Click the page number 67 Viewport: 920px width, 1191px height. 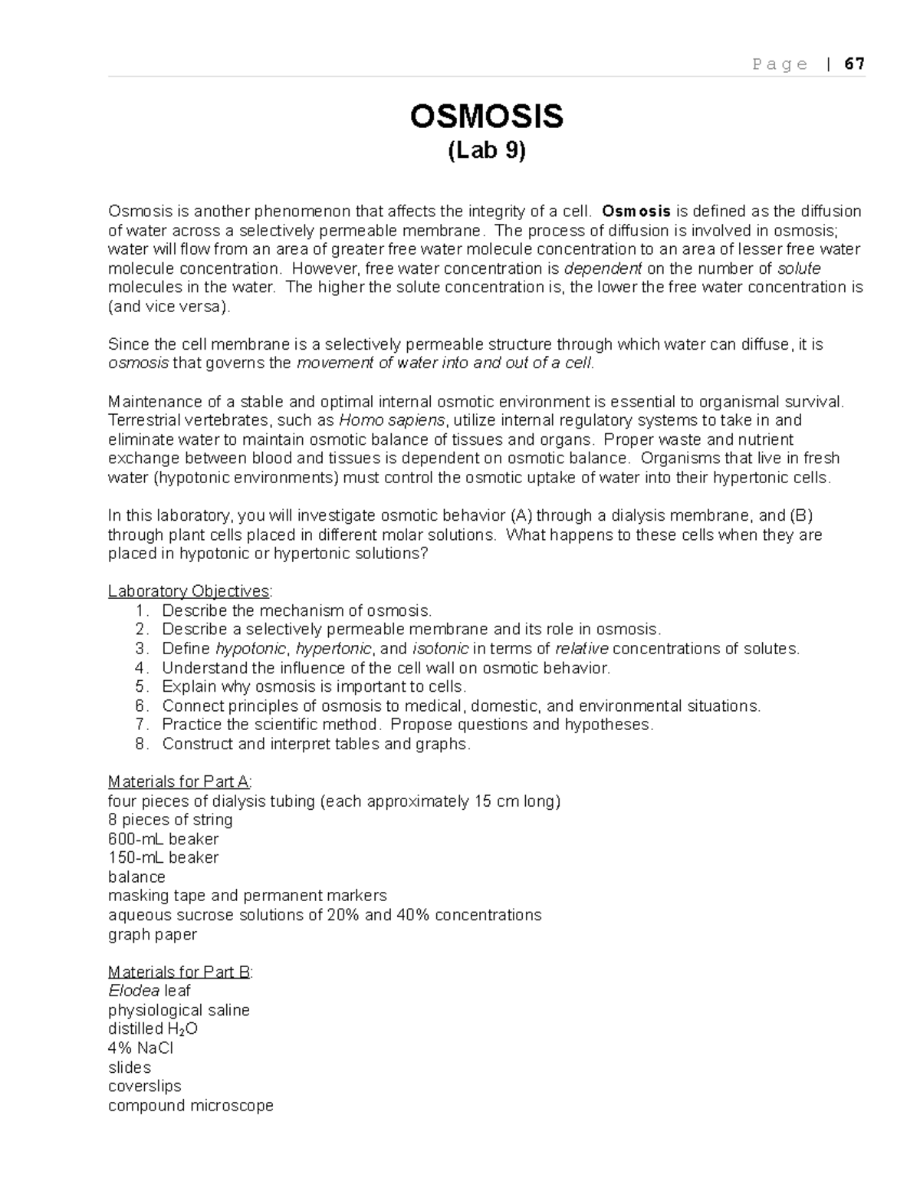click(854, 64)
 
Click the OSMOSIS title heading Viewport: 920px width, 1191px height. click(487, 117)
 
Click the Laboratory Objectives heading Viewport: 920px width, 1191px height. click(189, 591)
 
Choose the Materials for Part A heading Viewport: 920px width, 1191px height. click(179, 782)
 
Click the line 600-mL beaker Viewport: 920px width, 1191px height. click(163, 839)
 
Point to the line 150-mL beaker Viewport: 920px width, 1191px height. click(163, 857)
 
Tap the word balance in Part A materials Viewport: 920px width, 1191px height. click(136, 877)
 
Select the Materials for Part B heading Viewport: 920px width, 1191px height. click(180, 972)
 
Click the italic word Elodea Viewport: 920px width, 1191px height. click(134, 991)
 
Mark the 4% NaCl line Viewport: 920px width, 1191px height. click(140, 1048)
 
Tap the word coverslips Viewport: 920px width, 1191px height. click(145, 1086)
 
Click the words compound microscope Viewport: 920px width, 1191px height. click(191, 1105)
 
